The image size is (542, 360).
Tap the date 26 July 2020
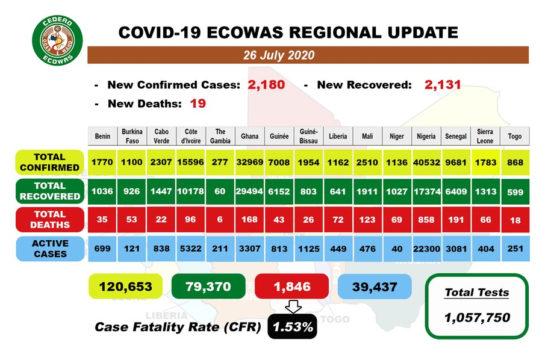click(x=278, y=55)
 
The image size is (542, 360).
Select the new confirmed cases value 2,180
click(x=266, y=85)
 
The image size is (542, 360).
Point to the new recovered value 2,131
click(x=443, y=85)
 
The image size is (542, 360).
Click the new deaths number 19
click(x=198, y=104)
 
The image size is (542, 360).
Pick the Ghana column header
click(x=249, y=136)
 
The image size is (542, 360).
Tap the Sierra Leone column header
click(x=485, y=136)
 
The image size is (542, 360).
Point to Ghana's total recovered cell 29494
click(x=249, y=191)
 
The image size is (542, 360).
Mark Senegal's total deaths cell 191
click(x=455, y=220)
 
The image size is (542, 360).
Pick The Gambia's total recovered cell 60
click(x=220, y=191)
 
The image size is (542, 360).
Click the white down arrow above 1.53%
click(x=293, y=308)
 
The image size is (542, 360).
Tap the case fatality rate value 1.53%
click(x=293, y=327)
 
